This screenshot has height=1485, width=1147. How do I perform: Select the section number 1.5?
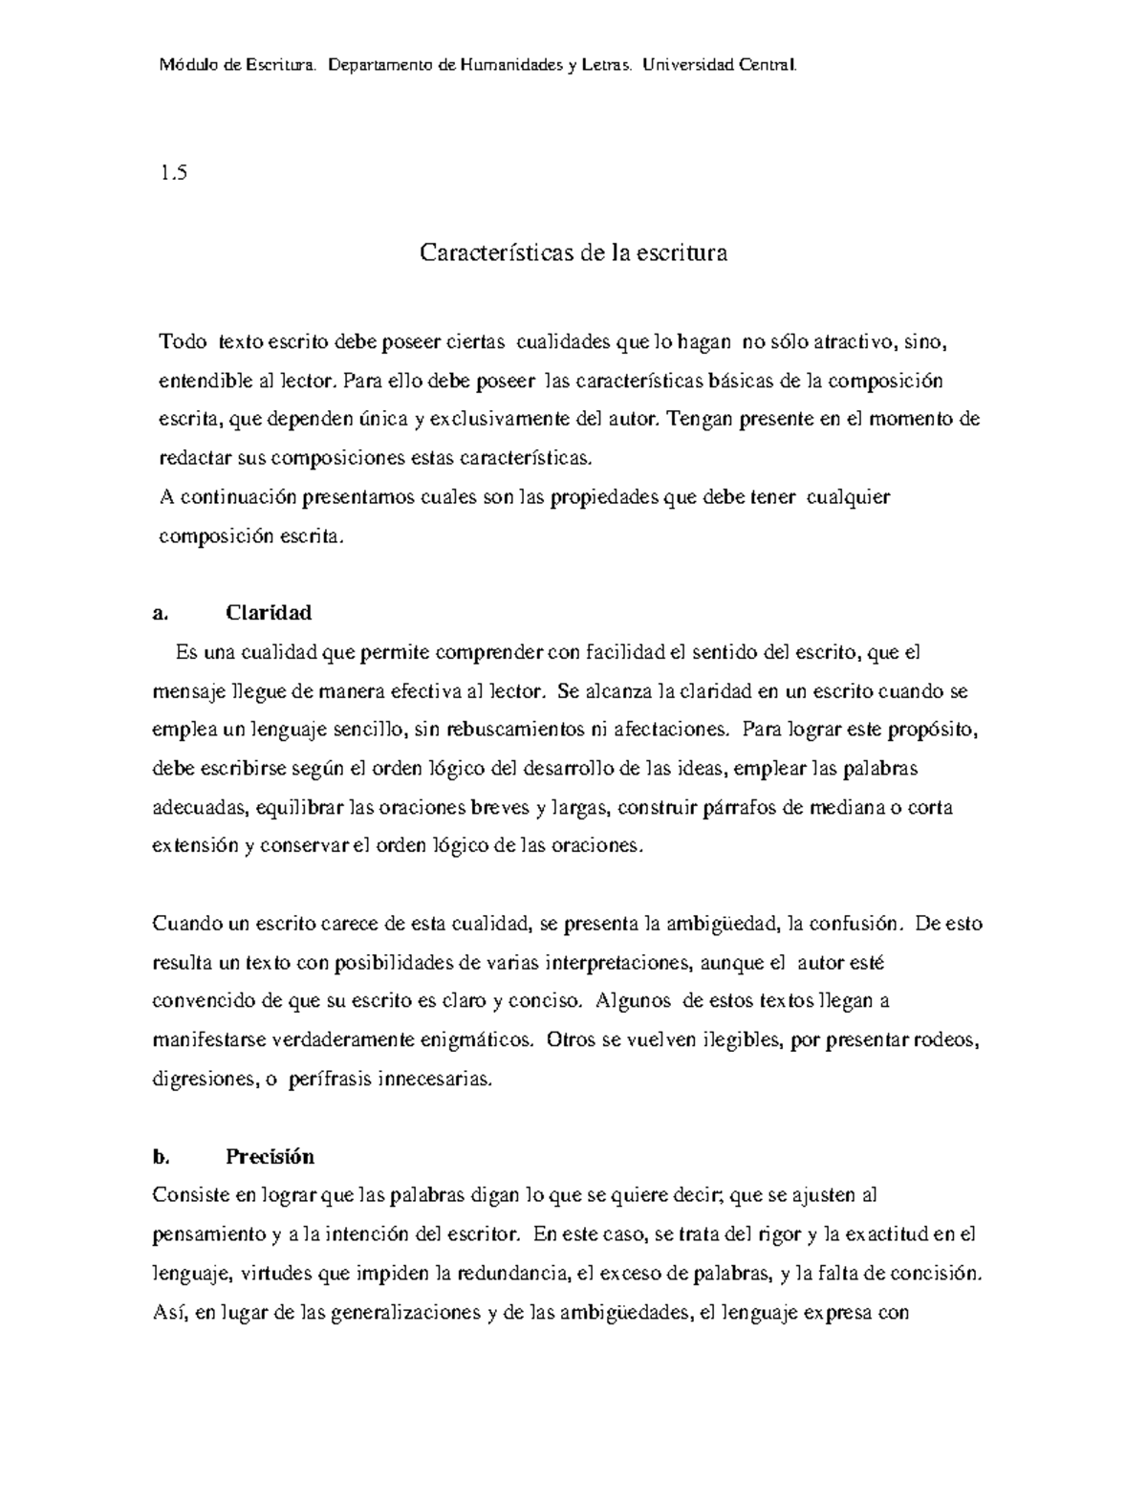pyautogui.click(x=174, y=173)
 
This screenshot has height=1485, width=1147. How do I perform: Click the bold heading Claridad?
pyautogui.click(x=269, y=612)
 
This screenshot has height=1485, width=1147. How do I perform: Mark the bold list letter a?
pyautogui.click(x=160, y=613)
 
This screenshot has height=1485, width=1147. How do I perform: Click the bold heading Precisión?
pyautogui.click(x=270, y=1156)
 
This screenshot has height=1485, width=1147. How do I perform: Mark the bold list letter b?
pyautogui.click(x=161, y=1157)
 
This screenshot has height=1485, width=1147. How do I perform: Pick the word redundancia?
pyautogui.click(x=511, y=1274)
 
